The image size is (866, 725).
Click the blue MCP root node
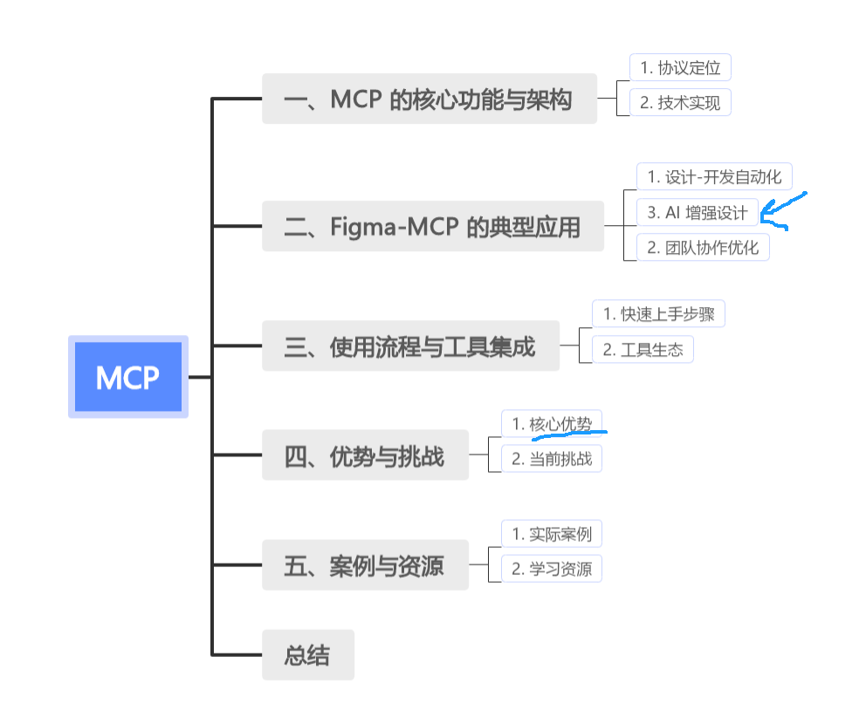128,377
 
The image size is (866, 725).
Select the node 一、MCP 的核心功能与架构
429,99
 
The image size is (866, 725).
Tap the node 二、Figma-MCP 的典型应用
432,227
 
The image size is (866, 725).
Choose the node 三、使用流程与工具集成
409,346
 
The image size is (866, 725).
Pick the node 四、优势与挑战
365,455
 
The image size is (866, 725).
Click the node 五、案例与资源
365,565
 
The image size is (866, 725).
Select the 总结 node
308,654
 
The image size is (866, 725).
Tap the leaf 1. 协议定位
680,67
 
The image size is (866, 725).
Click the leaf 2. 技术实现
680,102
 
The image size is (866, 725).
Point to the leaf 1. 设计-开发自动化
714,176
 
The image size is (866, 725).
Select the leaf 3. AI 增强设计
697,212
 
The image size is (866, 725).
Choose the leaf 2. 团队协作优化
703,247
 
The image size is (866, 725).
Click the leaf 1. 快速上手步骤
659,314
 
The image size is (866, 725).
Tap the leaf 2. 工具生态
643,350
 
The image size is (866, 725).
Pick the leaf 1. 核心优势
552,423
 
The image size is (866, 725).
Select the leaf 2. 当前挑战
552,459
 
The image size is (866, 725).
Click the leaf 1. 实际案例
552,533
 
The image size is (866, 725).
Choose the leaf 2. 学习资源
552,569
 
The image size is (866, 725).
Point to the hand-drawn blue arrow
785,210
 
